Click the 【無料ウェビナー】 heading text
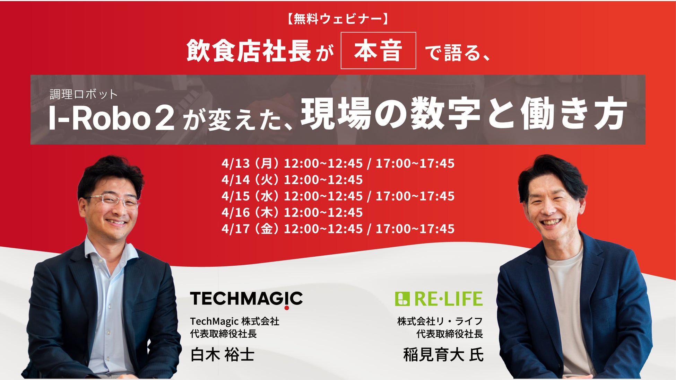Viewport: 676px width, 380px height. tap(338, 19)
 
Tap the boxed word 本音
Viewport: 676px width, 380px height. tap(378, 51)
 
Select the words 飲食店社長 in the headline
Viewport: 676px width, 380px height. tap(249, 51)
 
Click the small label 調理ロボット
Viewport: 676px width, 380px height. tap(84, 94)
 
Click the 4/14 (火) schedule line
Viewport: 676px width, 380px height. tap(292, 179)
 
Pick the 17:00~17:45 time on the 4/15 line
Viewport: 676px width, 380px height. tap(415, 196)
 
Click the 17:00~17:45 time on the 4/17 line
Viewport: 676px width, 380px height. tap(415, 229)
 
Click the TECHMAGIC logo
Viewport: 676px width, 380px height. tap(246, 299)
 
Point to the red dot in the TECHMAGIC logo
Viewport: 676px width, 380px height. tap(287, 308)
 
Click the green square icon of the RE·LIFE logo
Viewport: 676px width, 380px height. tap(402, 299)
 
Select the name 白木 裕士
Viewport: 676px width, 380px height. tap(222, 355)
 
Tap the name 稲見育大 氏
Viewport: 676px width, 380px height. tap(443, 355)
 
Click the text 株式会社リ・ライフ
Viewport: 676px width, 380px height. tap(440, 321)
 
